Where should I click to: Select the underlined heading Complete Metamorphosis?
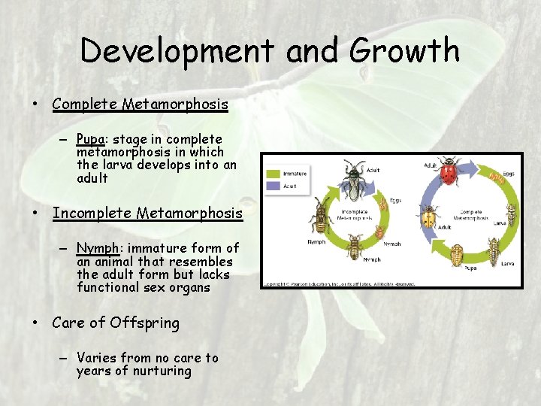140,104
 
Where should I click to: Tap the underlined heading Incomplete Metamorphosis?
147,214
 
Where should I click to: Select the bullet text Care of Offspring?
116,323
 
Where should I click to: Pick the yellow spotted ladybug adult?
428,220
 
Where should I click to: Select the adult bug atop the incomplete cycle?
352,180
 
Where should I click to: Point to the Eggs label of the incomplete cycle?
395,201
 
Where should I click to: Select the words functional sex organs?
143,287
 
